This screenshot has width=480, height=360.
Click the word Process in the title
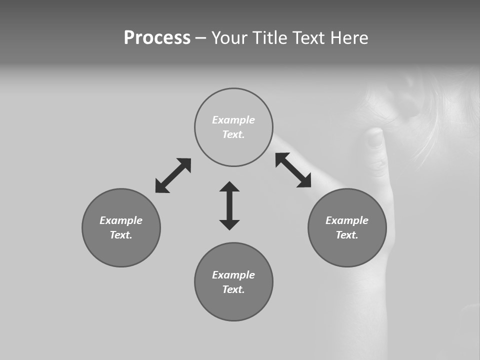coord(157,37)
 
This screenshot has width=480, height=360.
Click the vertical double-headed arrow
coord(229,205)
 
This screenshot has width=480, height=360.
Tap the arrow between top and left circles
coord(173,175)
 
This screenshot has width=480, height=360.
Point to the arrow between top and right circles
coord(293,170)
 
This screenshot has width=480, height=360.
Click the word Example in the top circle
coord(233,120)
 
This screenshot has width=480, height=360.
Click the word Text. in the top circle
coord(233,134)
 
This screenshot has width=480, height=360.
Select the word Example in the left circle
coord(121,220)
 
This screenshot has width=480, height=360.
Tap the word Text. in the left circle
coord(121,235)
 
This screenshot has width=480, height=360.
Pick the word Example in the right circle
coord(347,220)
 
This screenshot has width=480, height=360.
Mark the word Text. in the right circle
coord(347,235)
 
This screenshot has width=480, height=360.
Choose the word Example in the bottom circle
coord(233,275)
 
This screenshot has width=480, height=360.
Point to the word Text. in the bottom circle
coord(233,289)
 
